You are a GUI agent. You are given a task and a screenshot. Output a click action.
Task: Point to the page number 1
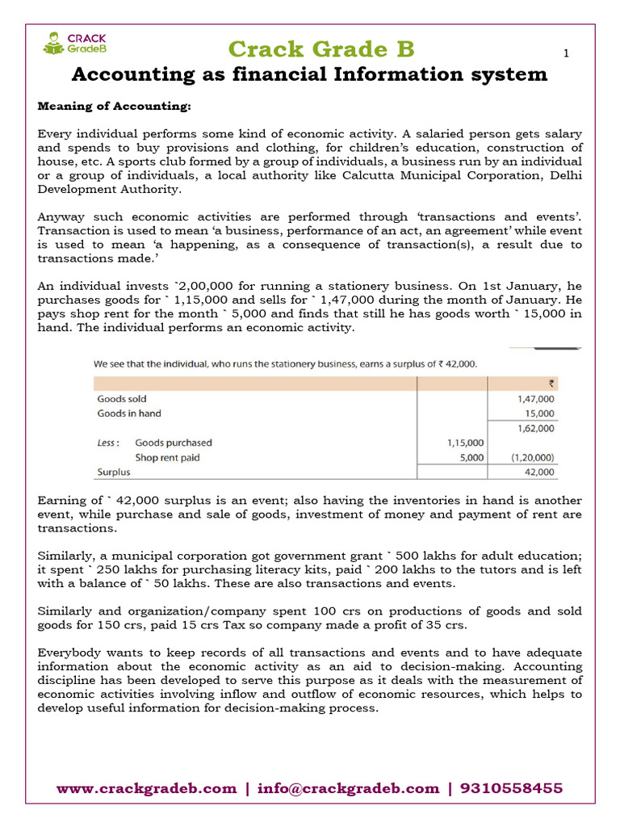click(x=566, y=53)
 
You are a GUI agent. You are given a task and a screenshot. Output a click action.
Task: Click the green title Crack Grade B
click(x=320, y=49)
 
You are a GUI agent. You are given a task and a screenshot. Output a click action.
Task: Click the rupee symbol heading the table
click(x=550, y=384)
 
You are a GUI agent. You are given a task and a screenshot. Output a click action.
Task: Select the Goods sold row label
click(x=122, y=398)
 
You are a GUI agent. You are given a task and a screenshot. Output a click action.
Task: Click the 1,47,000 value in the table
click(x=536, y=398)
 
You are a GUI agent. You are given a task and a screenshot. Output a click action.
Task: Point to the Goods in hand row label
click(x=129, y=413)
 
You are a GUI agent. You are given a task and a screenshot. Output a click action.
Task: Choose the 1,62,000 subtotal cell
click(x=536, y=428)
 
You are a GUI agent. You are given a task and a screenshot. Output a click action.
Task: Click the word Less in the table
click(x=108, y=443)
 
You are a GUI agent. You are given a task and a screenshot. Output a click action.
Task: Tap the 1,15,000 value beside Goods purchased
click(x=465, y=443)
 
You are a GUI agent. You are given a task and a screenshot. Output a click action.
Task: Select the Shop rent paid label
click(x=168, y=457)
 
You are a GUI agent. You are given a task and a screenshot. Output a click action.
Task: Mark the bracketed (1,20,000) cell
click(x=534, y=457)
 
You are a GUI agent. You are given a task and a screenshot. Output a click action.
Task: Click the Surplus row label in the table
click(x=113, y=472)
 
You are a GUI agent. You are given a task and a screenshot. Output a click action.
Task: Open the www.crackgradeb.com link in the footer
click(x=146, y=788)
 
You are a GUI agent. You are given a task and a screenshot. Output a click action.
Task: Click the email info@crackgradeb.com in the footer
click(x=349, y=788)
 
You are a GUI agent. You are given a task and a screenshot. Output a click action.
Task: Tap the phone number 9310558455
click(x=510, y=788)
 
